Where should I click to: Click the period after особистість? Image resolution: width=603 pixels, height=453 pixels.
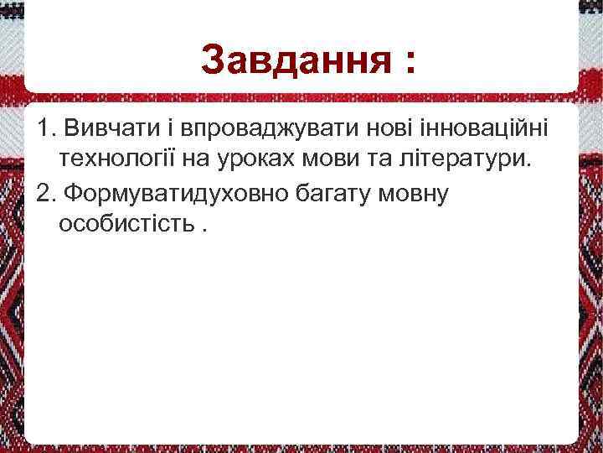tap(206, 232)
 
